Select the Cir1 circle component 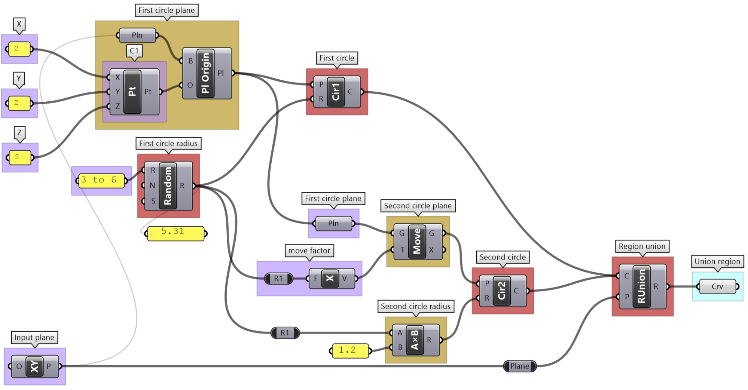[x=336, y=92]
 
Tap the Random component [x=168, y=185]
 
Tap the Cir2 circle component [x=502, y=291]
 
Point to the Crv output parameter [x=717, y=287]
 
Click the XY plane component [x=35, y=366]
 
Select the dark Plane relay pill [x=520, y=366]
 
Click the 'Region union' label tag [x=642, y=246]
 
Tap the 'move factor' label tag [x=309, y=251]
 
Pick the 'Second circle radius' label [x=415, y=306]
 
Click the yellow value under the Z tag [x=19, y=157]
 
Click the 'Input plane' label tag [x=34, y=338]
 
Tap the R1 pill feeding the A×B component [x=285, y=333]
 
